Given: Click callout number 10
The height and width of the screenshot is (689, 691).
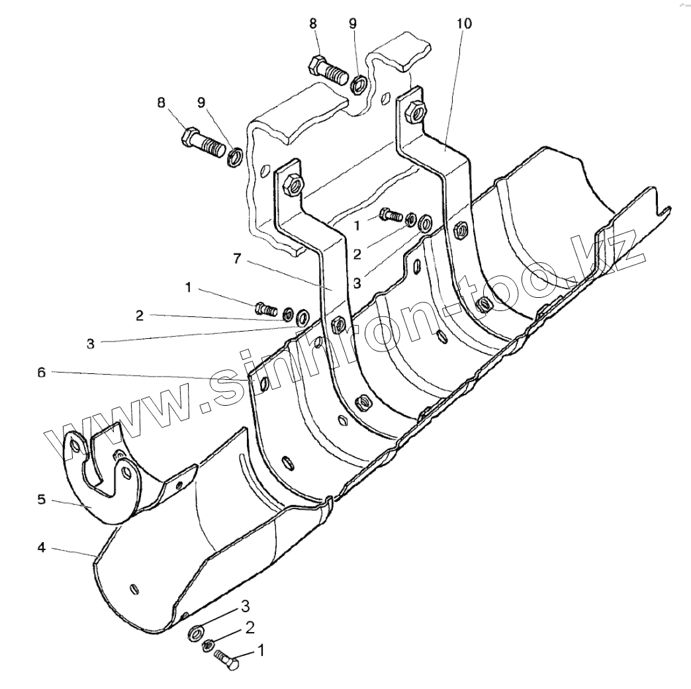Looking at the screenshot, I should click(x=464, y=24).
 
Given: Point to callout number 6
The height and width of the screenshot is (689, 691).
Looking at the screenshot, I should click(x=41, y=373).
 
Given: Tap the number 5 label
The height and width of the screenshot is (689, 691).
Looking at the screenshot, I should click(x=41, y=499).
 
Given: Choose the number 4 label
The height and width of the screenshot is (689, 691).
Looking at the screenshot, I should click(x=41, y=549).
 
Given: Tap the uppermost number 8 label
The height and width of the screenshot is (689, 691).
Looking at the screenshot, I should click(x=313, y=24).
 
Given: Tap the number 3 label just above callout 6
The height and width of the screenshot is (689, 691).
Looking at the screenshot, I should click(x=90, y=344).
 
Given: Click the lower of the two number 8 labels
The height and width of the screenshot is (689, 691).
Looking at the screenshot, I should click(x=161, y=103).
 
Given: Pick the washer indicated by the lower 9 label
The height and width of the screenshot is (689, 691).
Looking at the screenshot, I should click(x=234, y=158).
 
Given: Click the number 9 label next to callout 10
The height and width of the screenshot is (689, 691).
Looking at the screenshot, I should click(x=353, y=24).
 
